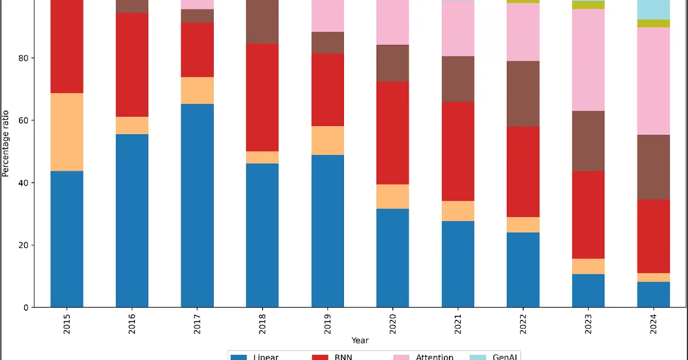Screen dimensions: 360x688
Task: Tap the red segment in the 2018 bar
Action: click(x=263, y=97)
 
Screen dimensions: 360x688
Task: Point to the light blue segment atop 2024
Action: click(x=654, y=9)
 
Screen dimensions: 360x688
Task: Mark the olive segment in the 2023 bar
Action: click(x=588, y=5)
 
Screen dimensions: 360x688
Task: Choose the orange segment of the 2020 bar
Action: click(x=393, y=197)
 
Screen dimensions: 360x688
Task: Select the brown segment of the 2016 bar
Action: click(x=132, y=6)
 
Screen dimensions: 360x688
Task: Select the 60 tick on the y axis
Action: click(x=25, y=120)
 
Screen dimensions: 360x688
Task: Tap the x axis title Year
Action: click(x=360, y=341)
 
